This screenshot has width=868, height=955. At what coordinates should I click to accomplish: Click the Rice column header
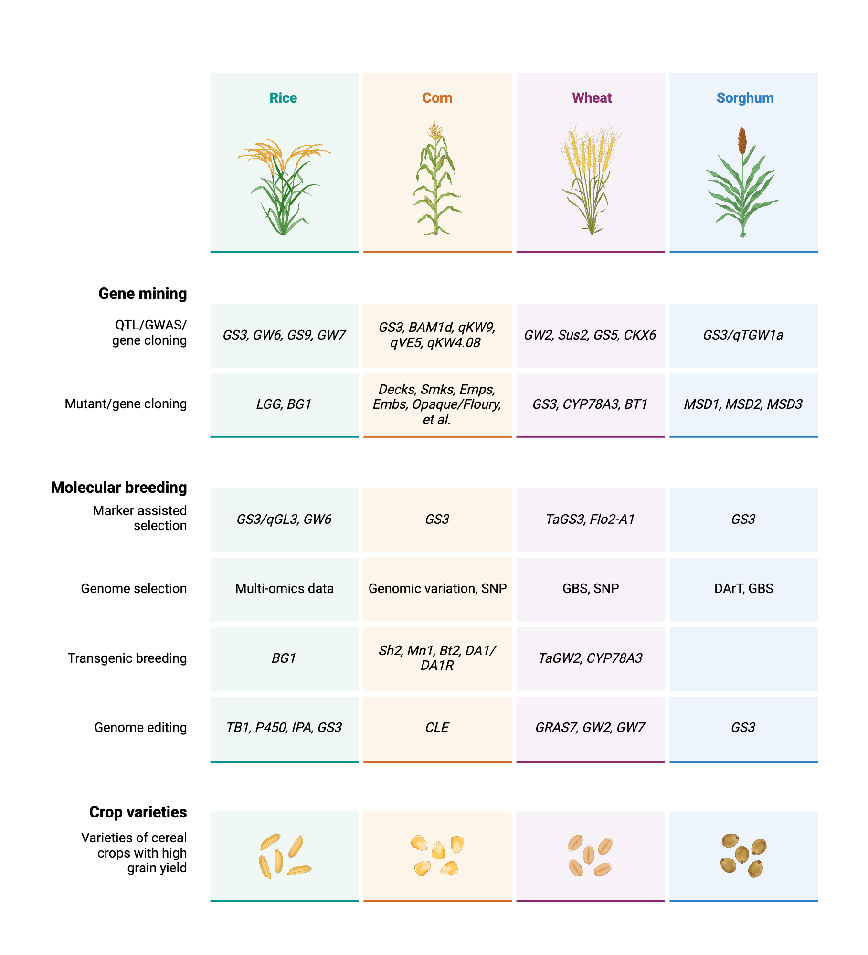pos(283,98)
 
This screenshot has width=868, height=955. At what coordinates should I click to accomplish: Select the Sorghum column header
pos(745,98)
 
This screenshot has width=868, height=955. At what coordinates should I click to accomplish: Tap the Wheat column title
pos(592,98)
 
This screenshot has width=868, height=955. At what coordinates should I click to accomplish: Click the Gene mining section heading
pos(142,294)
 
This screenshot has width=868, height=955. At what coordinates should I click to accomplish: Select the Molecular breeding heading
pos(119,488)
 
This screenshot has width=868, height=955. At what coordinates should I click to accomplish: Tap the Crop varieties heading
pos(138,812)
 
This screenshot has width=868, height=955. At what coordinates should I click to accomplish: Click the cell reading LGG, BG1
pos(284,404)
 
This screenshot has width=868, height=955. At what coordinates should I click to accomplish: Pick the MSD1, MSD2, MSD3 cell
pos(743,404)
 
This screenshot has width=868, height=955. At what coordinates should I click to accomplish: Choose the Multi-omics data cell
pos(284,589)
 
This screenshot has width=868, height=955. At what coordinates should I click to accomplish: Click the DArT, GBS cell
pos(743,589)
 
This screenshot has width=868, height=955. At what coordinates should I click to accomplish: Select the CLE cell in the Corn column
pos(437,728)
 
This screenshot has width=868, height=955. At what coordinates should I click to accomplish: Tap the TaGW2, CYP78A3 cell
pos(590,658)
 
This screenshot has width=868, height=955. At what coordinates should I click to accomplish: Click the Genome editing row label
pos(140,728)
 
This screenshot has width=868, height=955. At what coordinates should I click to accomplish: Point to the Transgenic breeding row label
pos(127,658)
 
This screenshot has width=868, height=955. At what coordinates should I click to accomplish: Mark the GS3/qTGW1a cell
pos(743,335)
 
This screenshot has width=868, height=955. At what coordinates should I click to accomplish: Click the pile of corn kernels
pos(437,855)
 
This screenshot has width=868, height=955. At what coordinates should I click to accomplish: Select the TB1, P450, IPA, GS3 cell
pos(284,728)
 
